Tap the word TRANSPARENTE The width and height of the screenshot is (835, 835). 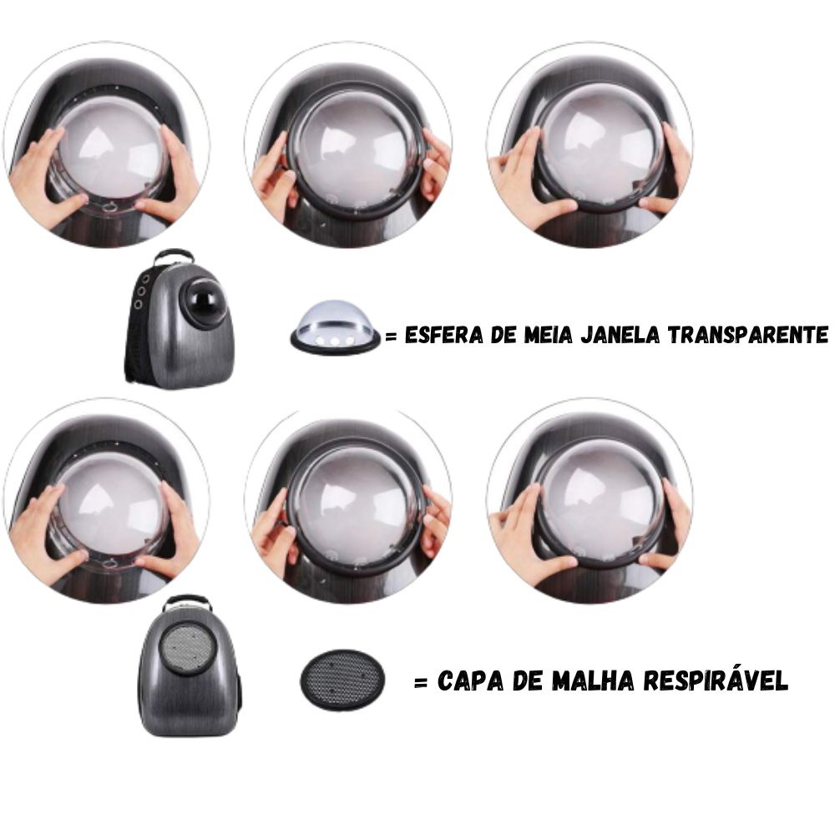click(748, 335)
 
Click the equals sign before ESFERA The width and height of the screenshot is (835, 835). click(392, 337)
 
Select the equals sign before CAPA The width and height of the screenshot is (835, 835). click(421, 682)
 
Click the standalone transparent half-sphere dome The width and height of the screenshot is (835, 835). click(336, 325)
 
